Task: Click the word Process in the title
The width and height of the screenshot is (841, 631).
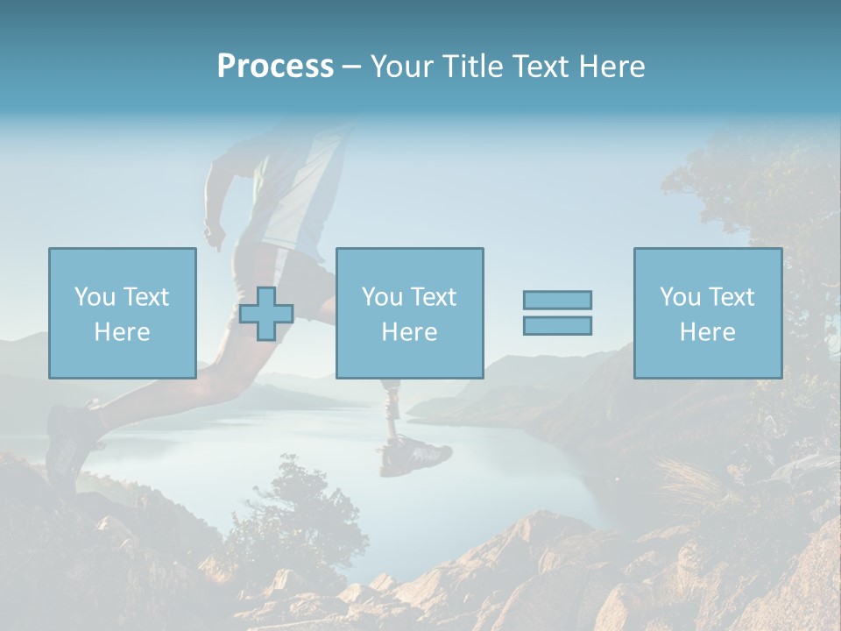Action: pos(275,67)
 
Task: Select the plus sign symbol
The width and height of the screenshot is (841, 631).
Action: pos(266,314)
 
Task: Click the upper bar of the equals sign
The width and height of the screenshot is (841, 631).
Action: pos(557,300)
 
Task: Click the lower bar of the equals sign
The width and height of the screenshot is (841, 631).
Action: pos(557,326)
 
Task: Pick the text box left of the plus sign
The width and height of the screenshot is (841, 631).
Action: pos(122,313)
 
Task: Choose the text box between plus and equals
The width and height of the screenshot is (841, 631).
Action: pos(409,313)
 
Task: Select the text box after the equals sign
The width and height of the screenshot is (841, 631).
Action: pos(707,313)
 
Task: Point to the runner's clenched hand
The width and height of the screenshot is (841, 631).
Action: pos(215,237)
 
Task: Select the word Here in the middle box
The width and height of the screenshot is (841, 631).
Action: pos(409,332)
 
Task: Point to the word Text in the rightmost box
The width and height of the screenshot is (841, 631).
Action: pos(731,297)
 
